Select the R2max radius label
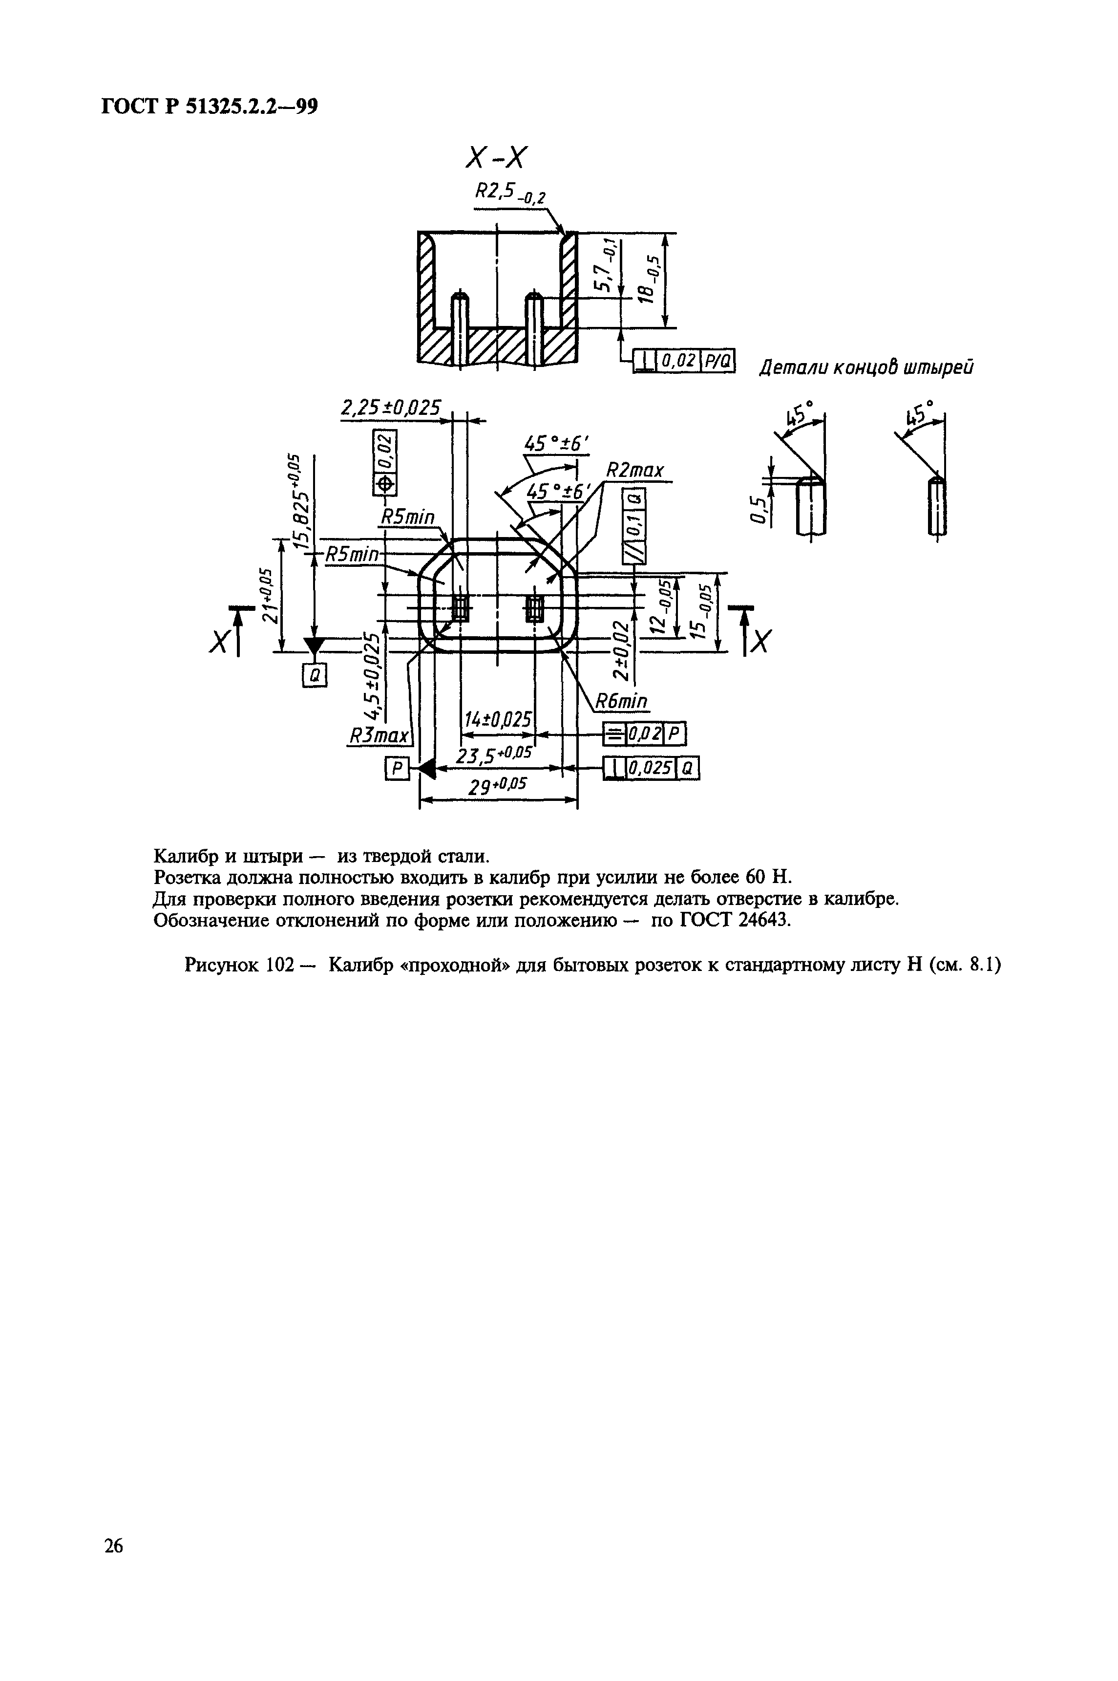634,471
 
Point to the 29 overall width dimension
497,787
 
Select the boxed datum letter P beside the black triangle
397,768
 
